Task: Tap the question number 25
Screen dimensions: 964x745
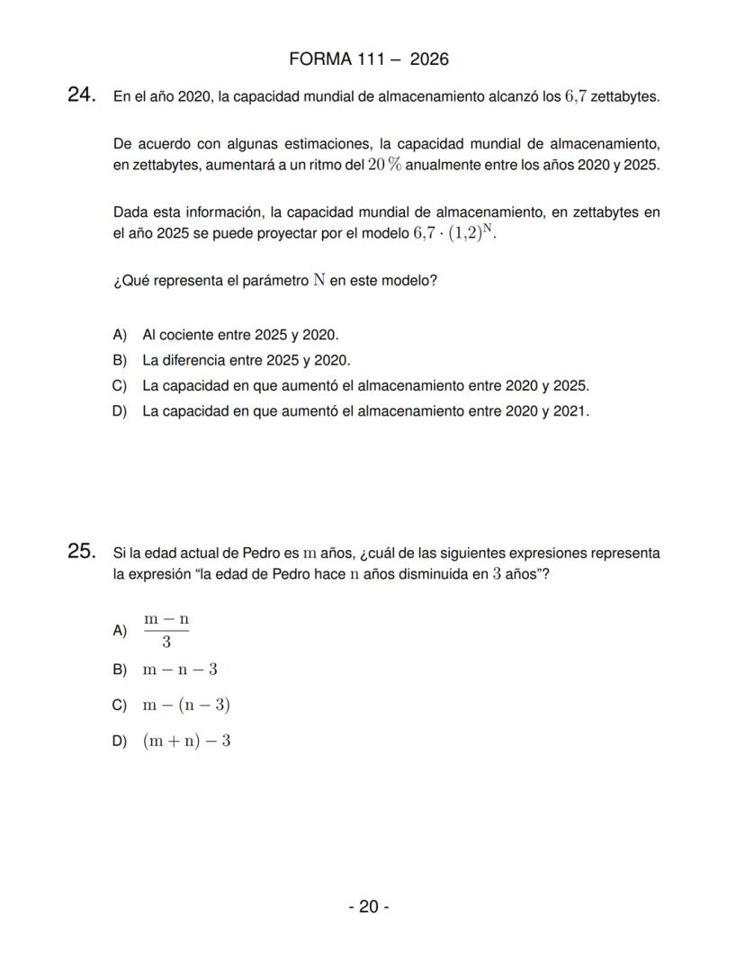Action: [82, 551]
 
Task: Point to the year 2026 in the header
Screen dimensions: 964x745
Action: [429, 59]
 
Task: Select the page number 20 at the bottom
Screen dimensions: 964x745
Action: [369, 906]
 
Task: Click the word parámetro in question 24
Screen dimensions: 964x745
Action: [271, 281]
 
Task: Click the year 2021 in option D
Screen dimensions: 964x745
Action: [570, 411]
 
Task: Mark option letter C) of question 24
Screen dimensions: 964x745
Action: [121, 386]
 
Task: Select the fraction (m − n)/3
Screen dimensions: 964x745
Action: [166, 630]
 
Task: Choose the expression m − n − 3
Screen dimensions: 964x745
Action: [180, 670]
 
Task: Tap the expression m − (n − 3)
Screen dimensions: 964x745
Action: [186, 705]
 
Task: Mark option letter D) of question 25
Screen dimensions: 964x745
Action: [121, 742]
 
